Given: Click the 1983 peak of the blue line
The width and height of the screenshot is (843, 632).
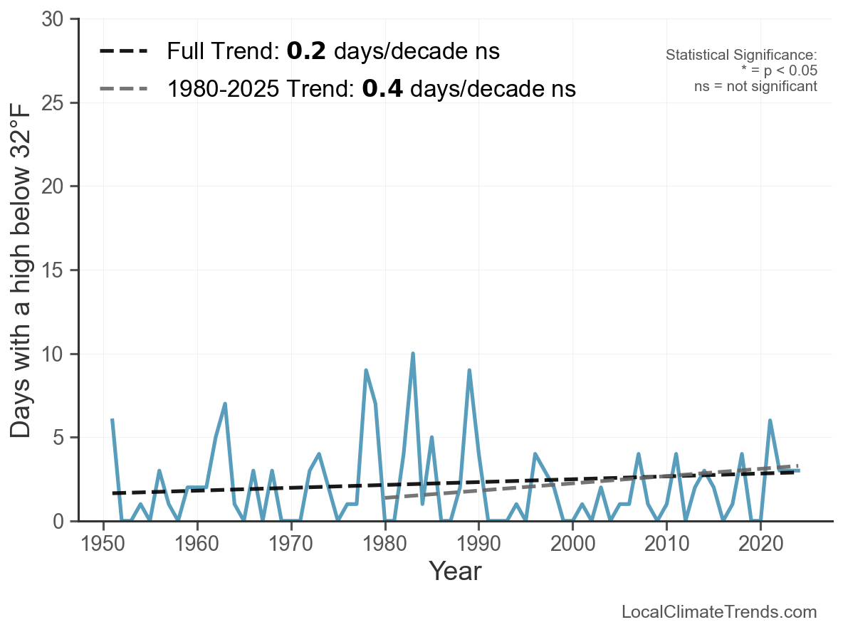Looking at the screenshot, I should (x=412, y=354).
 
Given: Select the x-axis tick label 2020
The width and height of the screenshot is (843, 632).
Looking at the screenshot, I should (x=760, y=544).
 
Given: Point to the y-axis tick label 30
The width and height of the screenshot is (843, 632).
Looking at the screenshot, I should (x=56, y=20).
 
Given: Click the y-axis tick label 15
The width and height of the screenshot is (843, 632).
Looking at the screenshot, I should (x=56, y=270).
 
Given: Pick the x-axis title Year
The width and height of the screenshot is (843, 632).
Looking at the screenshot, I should (x=455, y=571).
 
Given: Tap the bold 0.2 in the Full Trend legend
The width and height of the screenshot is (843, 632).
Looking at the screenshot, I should (x=306, y=51).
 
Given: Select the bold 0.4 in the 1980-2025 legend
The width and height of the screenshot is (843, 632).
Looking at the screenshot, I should (x=382, y=89).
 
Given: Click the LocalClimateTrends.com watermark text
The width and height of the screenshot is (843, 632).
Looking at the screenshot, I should (x=719, y=612).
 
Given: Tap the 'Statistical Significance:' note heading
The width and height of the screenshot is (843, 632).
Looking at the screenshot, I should (x=741, y=56).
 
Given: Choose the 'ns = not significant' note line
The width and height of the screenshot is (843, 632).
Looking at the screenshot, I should (x=755, y=86).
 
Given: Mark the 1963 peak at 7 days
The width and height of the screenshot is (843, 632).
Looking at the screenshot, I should (x=225, y=404).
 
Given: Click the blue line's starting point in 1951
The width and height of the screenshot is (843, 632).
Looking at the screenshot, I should (x=112, y=421).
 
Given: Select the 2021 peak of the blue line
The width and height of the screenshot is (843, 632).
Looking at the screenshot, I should (x=770, y=421).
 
